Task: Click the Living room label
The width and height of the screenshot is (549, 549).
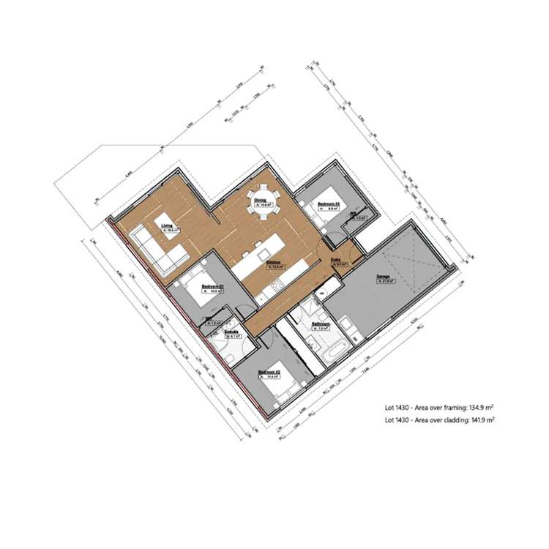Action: click(x=168, y=226)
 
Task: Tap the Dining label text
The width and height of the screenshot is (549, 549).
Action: click(x=260, y=199)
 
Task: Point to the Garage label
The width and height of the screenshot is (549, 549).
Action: click(x=381, y=276)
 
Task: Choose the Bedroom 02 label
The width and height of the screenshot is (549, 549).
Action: click(x=269, y=373)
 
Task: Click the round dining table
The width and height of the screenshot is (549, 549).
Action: click(x=262, y=198)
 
